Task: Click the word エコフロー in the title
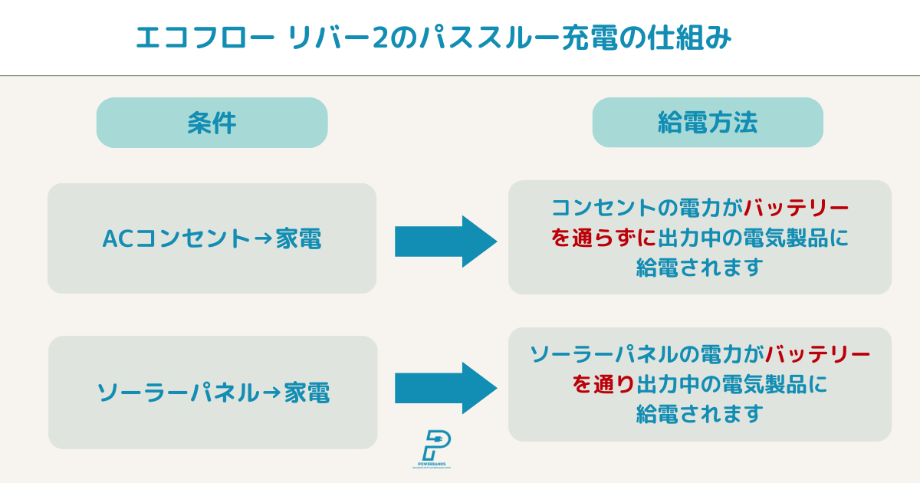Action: point(201,38)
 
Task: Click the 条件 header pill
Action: point(212,123)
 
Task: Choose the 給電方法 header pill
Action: point(707,123)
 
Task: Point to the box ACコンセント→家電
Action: point(212,238)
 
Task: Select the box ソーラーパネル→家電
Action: point(212,393)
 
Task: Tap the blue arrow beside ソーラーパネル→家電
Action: point(445,388)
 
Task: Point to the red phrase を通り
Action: point(603,384)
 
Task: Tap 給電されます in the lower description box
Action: point(699,413)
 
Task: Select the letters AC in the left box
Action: point(117,239)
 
